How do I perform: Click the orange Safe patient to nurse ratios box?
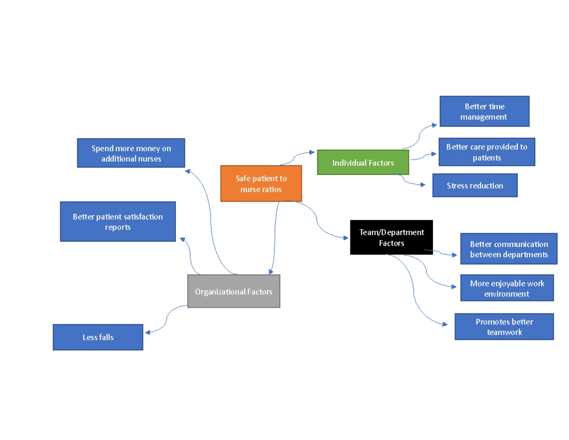[261, 184]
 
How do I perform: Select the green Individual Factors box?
[363, 163]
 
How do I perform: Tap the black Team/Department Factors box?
[391, 237]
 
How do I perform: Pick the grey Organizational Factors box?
[233, 291]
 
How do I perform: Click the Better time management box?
[484, 112]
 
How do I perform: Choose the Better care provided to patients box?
[486, 152]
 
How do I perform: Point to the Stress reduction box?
[475, 186]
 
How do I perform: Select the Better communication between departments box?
[508, 249]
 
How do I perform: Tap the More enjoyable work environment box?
[506, 288]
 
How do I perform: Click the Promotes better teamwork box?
[504, 327]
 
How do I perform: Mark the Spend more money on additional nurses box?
[131, 153]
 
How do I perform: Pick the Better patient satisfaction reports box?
[118, 222]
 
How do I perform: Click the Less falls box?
[98, 337]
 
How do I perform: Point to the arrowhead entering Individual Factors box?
[312, 152]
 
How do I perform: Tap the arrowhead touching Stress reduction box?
[423, 185]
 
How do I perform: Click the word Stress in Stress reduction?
[457, 186]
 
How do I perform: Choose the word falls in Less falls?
[106, 337]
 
